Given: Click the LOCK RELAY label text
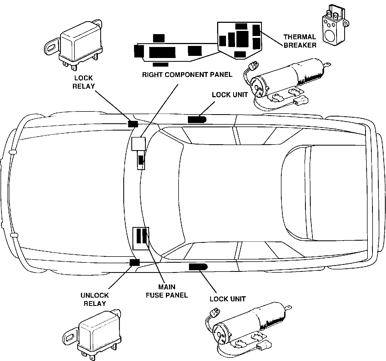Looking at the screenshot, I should (83, 82).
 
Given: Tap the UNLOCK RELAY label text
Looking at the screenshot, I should (95, 299).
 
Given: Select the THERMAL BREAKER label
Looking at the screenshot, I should (300, 41).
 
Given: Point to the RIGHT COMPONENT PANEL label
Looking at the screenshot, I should (187, 74).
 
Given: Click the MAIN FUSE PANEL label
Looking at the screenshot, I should (166, 291).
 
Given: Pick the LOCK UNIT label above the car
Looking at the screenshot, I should (229, 95).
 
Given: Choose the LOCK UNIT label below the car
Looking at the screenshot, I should (228, 299).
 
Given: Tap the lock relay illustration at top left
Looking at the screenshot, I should (78, 46).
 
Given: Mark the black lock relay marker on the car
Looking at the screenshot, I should (133, 124).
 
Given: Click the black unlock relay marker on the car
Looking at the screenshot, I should (134, 262).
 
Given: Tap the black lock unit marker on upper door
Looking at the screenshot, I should (196, 119).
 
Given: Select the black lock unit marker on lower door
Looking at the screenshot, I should (198, 267).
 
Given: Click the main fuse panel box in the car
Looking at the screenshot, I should (141, 239).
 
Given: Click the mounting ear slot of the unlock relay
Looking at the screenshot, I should (69, 337).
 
